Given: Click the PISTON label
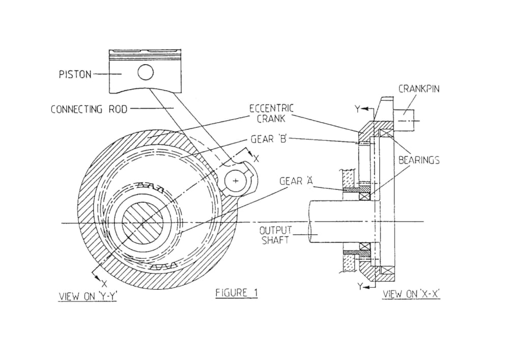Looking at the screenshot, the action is point(75,74).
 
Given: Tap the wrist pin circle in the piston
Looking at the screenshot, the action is point(146,72).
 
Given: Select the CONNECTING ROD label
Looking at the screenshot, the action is point(89,109).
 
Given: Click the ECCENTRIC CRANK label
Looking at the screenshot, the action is point(271,113).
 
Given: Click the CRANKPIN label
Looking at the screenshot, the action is point(419,89).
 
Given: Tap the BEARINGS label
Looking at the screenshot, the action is point(419,160).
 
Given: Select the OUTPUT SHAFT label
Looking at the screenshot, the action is point(275,235).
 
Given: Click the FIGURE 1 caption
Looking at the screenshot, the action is point(237,293).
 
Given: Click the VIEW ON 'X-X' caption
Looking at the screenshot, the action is point(411,294).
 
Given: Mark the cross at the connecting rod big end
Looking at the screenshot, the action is point(236,180).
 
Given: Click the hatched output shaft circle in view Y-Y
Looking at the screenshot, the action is point(143,223).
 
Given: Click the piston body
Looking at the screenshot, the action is point(145,72).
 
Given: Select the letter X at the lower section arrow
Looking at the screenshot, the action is point(104,283).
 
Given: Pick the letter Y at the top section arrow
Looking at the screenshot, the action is point(357,109).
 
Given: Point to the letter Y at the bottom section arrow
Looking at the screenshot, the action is point(360,286).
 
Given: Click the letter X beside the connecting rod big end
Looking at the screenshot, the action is point(256,159).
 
